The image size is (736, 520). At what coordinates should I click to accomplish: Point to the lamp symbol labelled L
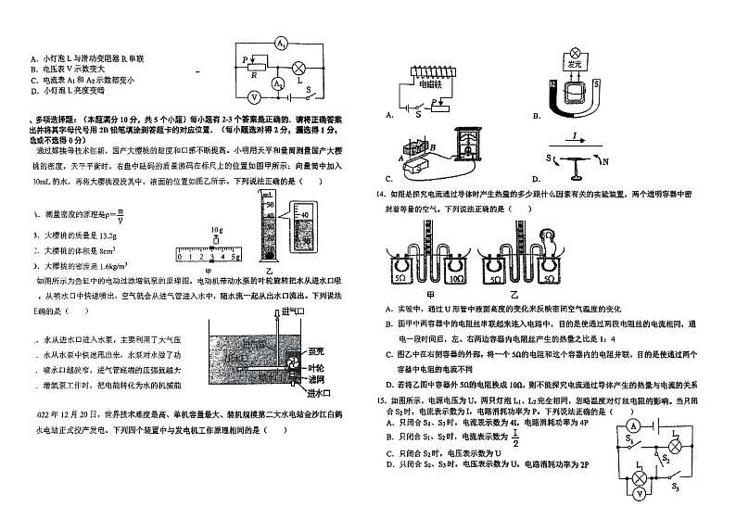(x=299, y=68)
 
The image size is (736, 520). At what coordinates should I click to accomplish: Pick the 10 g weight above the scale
(x=215, y=239)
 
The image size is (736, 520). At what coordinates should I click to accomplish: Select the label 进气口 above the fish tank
(x=293, y=311)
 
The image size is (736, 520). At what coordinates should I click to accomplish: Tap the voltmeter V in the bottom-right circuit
(x=639, y=495)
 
